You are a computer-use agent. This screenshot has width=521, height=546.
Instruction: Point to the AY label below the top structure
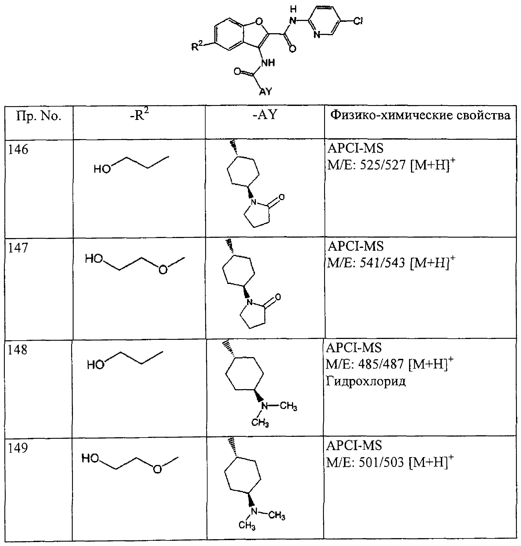pyautogui.click(x=265, y=92)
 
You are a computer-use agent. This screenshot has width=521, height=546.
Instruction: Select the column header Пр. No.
pyautogui.click(x=39, y=116)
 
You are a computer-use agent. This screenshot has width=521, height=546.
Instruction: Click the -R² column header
pyautogui.click(x=139, y=115)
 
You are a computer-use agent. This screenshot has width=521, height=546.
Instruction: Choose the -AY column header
pyautogui.click(x=265, y=115)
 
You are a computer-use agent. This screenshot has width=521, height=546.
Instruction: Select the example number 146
pyautogui.click(x=18, y=150)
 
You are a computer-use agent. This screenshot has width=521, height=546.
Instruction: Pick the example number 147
pyautogui.click(x=18, y=248)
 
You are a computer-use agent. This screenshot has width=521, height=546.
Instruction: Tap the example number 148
pyautogui.click(x=17, y=350)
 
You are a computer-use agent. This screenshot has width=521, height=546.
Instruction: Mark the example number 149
pyautogui.click(x=18, y=448)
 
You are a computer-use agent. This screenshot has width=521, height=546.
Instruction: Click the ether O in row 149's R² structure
pyautogui.click(x=157, y=470)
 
